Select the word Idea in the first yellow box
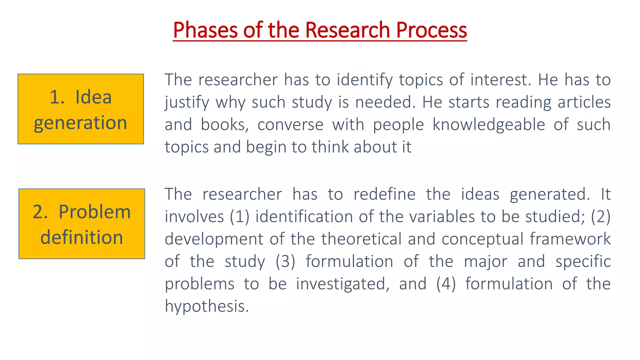click(x=93, y=97)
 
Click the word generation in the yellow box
click(x=81, y=122)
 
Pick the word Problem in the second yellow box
click(x=94, y=212)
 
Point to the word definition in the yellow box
click(x=82, y=237)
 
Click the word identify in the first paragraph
click(x=365, y=80)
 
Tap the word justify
click(x=187, y=102)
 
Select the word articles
click(x=584, y=102)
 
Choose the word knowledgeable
click(x=489, y=125)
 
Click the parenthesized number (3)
click(x=285, y=262)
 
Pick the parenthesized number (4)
click(x=446, y=284)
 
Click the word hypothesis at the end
click(x=207, y=306)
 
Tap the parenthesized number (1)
click(x=240, y=217)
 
